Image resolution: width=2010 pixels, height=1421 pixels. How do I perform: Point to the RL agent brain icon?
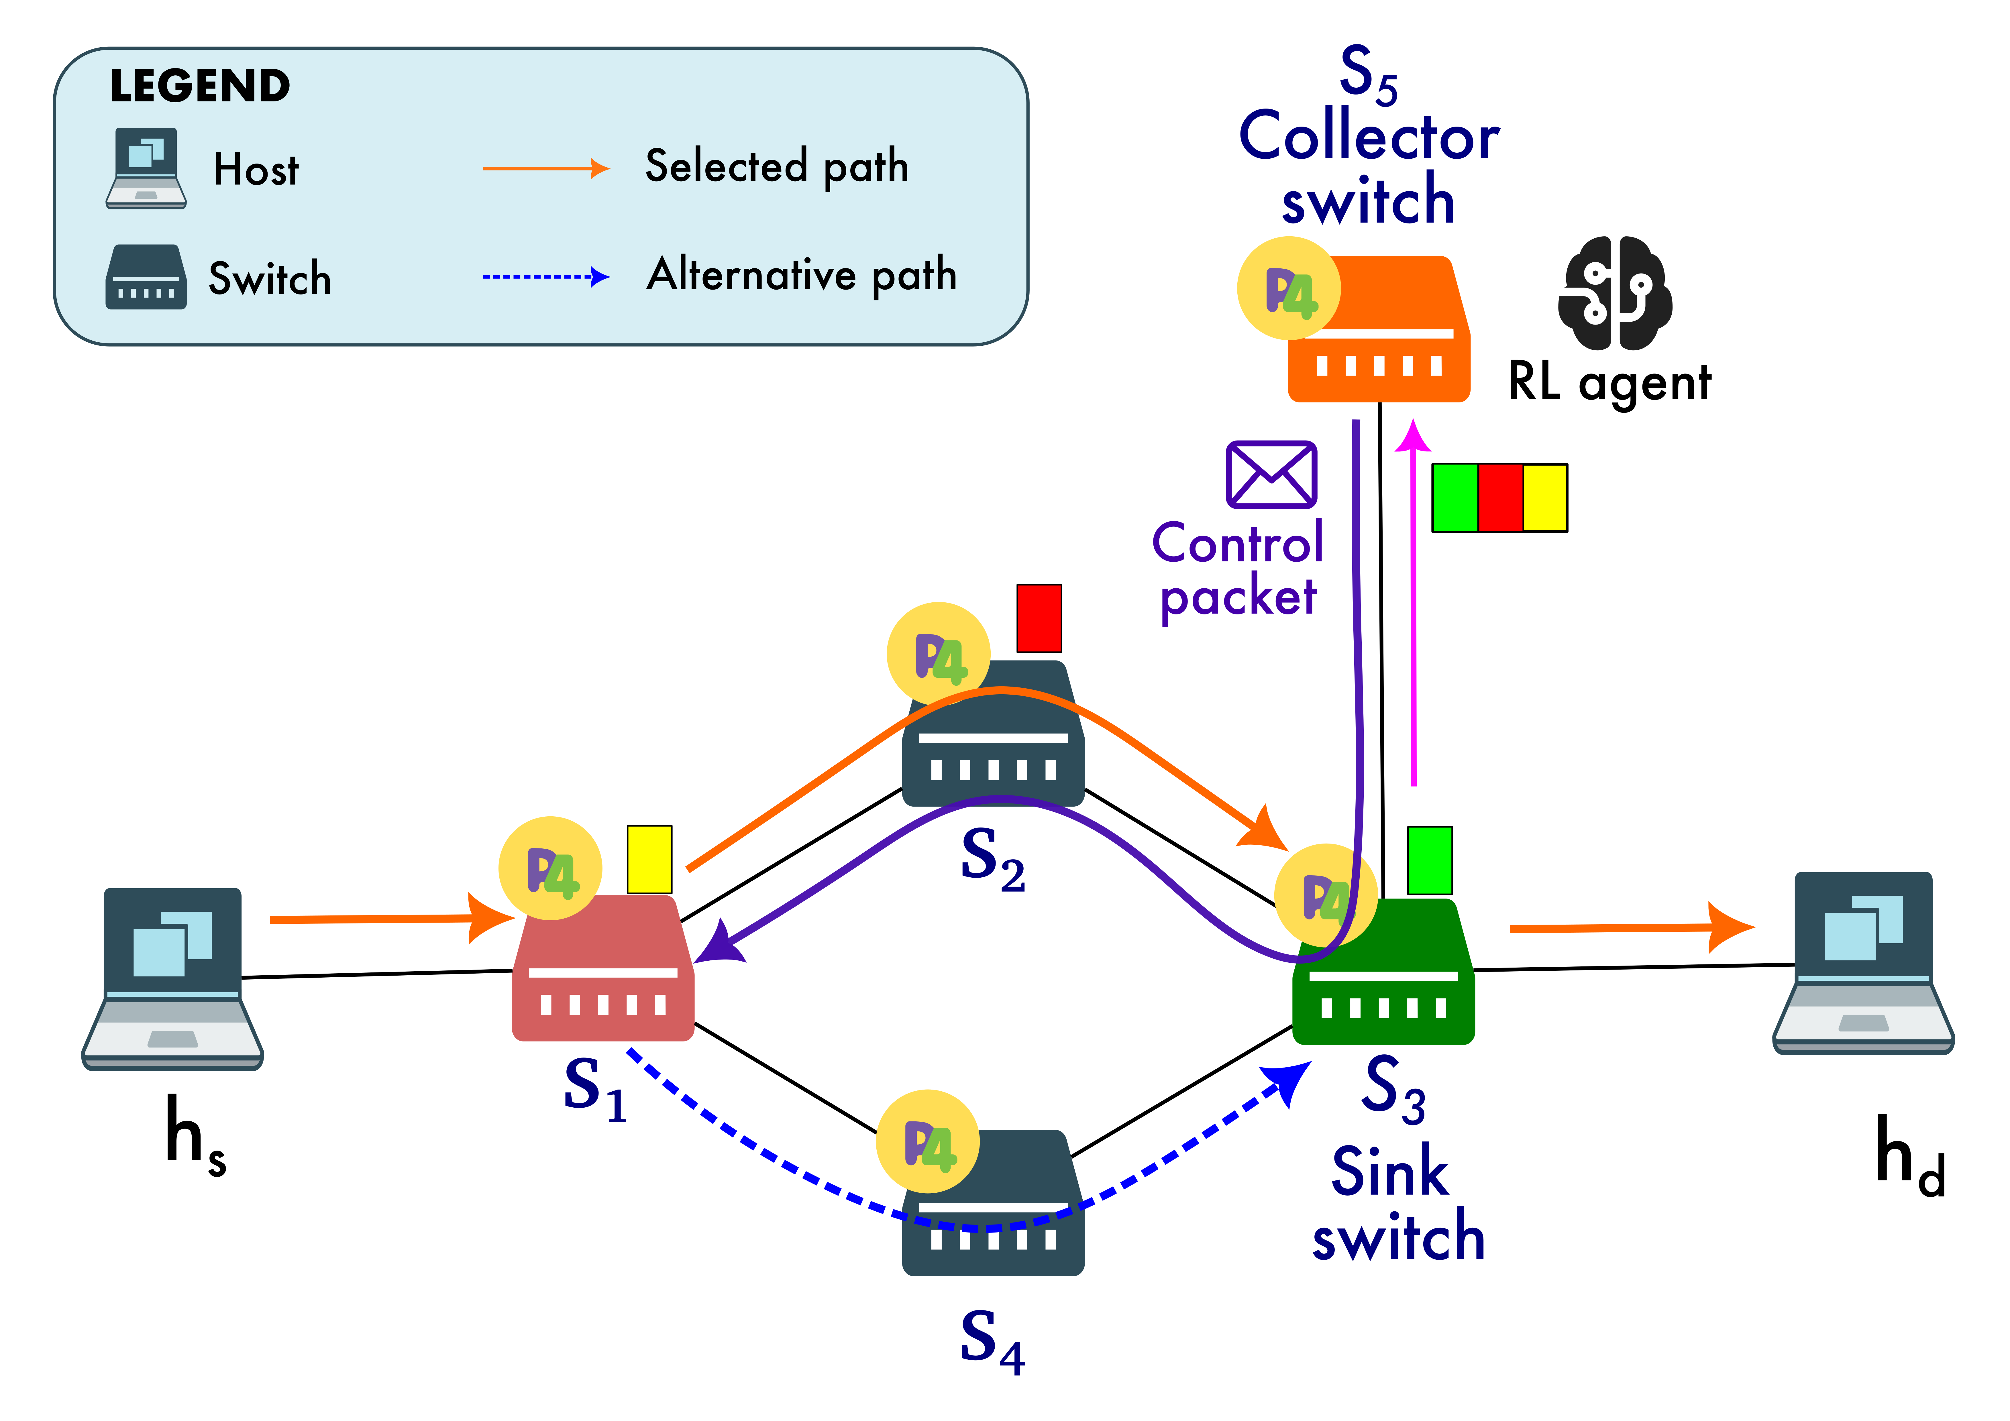[1615, 293]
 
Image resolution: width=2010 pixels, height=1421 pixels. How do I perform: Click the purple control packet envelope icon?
[1271, 475]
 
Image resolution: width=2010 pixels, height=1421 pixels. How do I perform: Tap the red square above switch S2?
[1039, 618]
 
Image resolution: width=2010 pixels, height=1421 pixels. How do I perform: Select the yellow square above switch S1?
[649, 859]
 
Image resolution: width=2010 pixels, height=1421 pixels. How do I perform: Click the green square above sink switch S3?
[1430, 860]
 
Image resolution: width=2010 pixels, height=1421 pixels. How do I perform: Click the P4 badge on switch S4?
[928, 1141]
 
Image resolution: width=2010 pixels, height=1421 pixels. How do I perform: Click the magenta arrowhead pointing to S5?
[1412, 436]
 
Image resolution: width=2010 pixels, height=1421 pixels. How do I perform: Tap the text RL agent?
[1609, 383]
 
